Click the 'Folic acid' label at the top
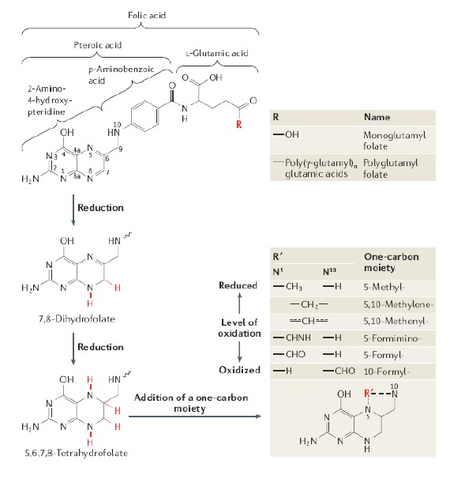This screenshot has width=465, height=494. tap(147, 15)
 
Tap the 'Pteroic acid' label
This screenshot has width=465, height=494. tap(98, 45)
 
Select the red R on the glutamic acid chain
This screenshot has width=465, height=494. tap(238, 124)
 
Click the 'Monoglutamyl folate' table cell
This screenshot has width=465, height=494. tap(394, 141)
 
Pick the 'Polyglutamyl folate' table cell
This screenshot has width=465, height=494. tap(391, 168)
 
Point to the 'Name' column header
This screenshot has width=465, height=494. tap(377, 117)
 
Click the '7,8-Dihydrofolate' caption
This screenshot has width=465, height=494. tap(77, 319)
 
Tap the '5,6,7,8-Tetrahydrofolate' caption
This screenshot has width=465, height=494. tap(77, 453)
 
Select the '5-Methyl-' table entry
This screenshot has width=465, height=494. tap(384, 287)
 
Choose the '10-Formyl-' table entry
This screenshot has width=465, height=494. tap(387, 371)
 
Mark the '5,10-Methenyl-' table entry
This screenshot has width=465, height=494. tap(396, 321)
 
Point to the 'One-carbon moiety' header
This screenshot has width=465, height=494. tap(392, 262)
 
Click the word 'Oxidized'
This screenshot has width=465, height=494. tap(239, 370)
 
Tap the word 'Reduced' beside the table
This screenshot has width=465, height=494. tap(238, 285)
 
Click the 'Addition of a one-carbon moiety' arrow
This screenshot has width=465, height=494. tap(195, 417)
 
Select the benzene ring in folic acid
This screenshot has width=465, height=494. tap(144, 115)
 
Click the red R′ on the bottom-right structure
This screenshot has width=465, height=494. tap(367, 393)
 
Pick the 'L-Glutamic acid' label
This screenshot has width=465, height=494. tap(217, 53)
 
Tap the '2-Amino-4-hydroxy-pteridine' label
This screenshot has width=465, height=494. tap(50, 100)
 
